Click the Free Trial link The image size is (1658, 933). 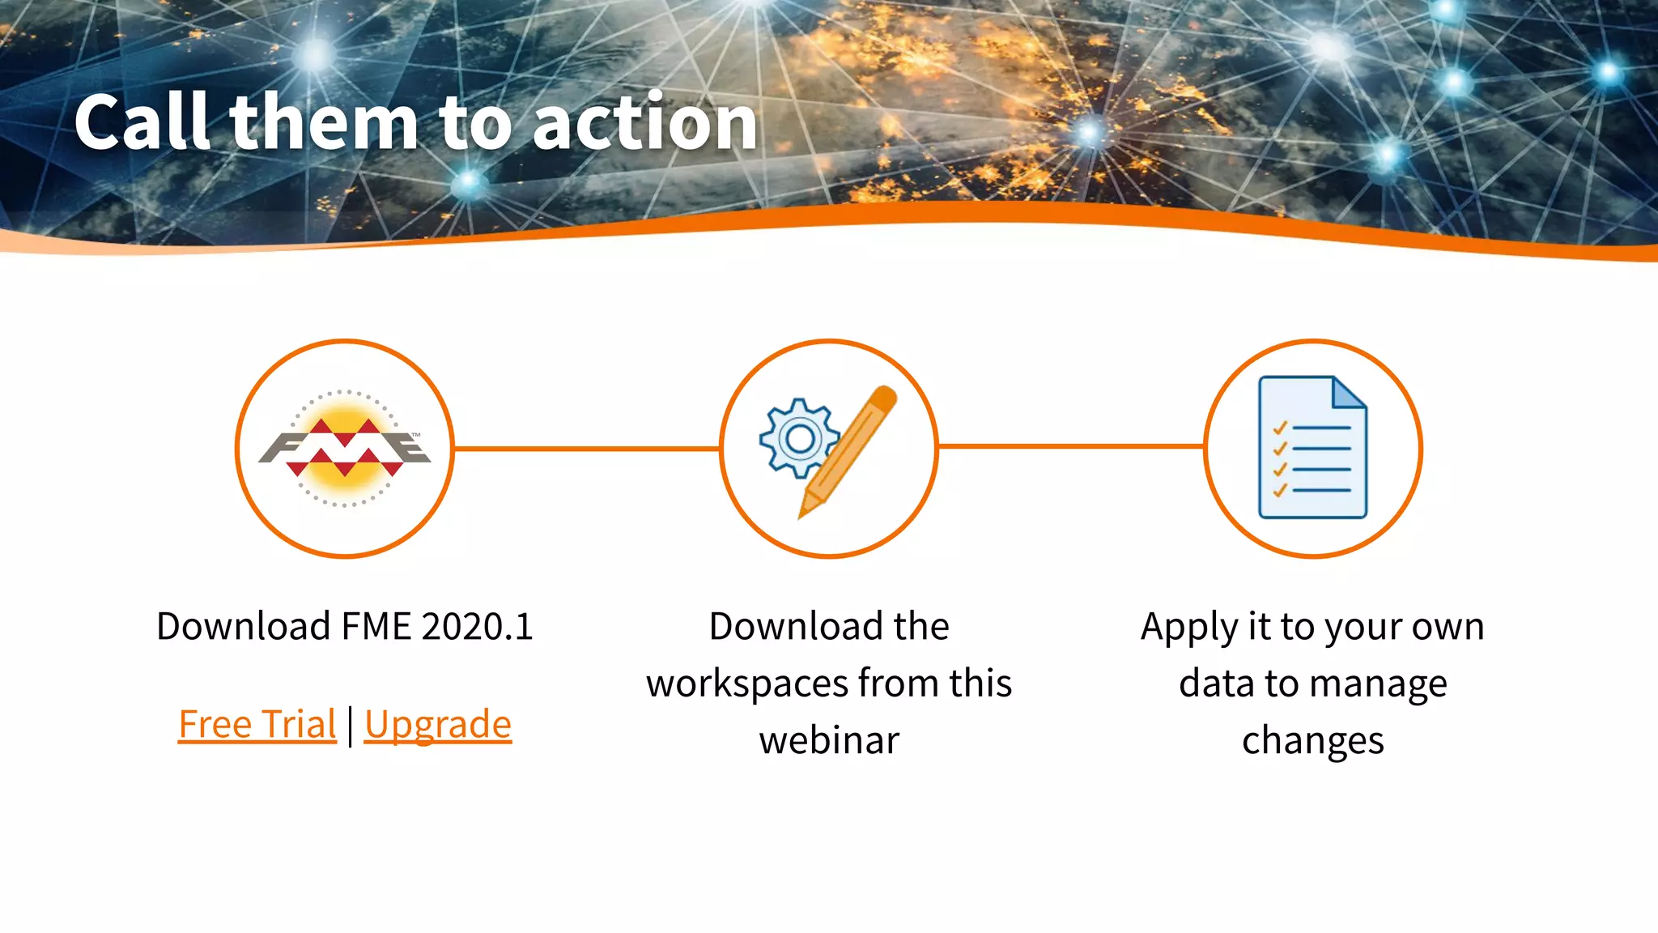[x=257, y=724]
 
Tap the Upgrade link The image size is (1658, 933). [x=437, y=724]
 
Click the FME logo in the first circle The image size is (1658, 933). [x=345, y=448]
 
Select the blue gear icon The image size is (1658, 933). [x=799, y=438]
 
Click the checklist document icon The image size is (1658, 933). [x=1312, y=448]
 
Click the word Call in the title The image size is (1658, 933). [x=144, y=122]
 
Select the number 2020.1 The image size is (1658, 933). [x=477, y=627]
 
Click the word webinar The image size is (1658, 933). [x=829, y=741]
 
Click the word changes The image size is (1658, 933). [x=1312, y=741]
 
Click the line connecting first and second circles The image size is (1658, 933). [x=586, y=448]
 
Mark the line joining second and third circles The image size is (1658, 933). [x=1070, y=446]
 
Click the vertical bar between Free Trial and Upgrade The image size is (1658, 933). [x=351, y=726]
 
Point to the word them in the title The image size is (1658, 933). [x=324, y=122]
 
